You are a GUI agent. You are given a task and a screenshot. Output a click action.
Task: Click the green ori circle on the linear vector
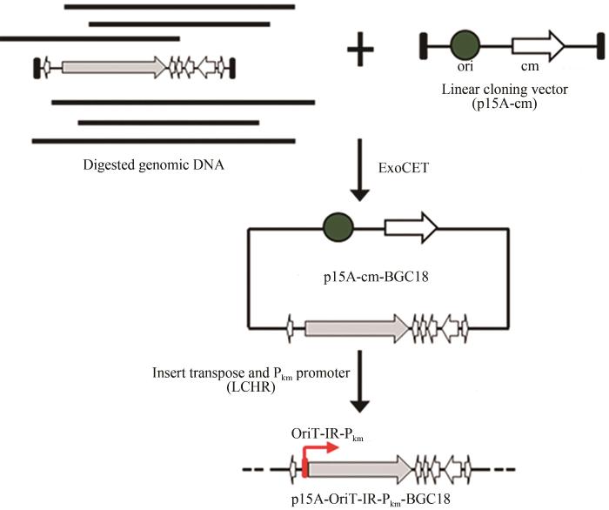coord(465,44)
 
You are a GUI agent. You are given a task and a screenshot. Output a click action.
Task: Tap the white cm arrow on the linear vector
coord(539,44)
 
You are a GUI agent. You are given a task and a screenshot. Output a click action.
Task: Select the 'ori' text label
coord(465,70)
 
